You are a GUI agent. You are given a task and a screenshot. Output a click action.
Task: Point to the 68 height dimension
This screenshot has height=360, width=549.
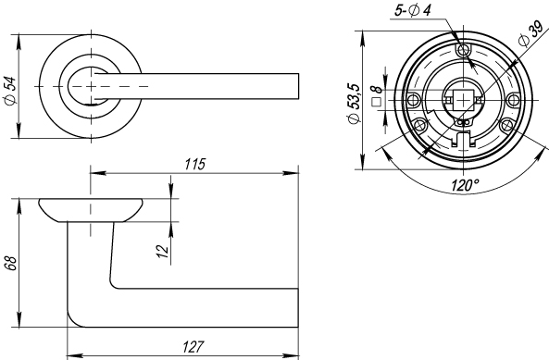[10, 262]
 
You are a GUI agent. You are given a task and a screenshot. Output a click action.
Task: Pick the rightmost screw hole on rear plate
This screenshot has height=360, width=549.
[515, 99]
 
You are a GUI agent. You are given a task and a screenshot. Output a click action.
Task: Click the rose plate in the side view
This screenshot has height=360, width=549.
[92, 209]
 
